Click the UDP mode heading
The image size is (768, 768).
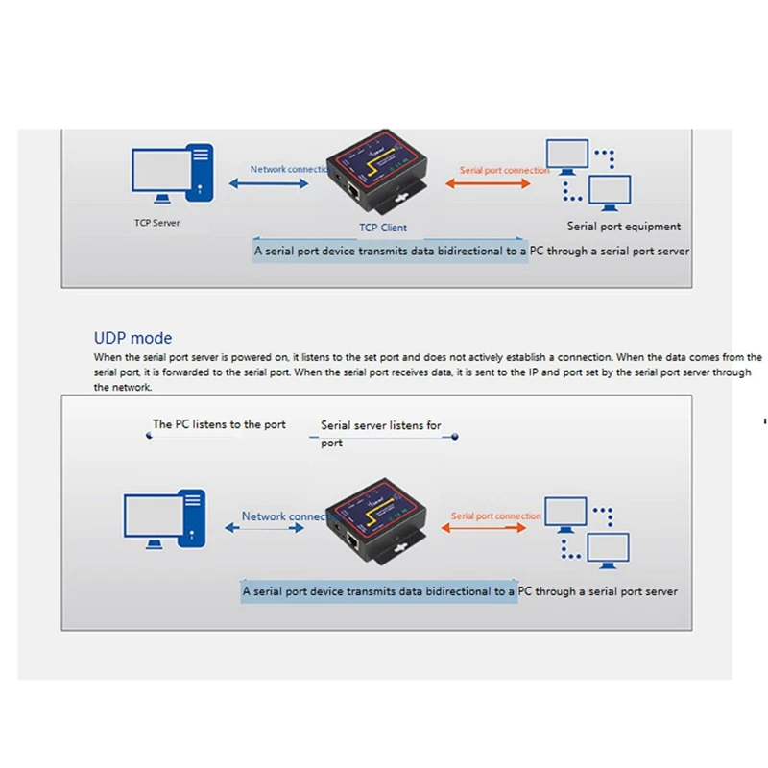(x=132, y=338)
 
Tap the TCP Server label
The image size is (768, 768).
(x=156, y=223)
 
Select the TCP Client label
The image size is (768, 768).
(x=382, y=228)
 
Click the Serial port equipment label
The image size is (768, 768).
(x=623, y=227)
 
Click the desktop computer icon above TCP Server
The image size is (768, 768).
(x=173, y=173)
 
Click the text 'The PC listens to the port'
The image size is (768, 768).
(x=219, y=424)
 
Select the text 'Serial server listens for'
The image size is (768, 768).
(x=381, y=425)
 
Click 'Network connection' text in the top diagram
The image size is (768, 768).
(x=291, y=170)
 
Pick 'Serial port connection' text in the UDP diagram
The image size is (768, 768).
(x=496, y=516)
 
